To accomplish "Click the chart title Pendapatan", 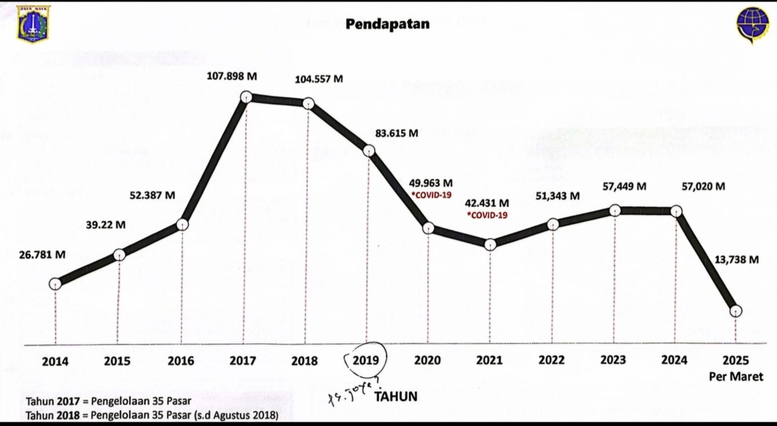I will [388, 24].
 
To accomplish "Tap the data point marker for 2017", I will [246, 97].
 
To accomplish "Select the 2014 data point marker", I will [55, 284].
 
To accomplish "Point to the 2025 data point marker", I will [736, 311].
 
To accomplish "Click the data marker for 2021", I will [490, 244].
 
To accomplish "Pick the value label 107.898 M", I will [232, 76].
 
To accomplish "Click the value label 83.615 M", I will [396, 133].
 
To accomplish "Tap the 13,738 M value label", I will [736, 259].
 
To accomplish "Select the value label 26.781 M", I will [42, 255].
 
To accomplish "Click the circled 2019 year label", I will [366, 360].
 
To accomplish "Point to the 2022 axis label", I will [551, 360].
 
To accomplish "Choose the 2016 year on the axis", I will [181, 361].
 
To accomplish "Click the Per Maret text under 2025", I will [736, 376].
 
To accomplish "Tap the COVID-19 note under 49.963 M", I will [432, 195].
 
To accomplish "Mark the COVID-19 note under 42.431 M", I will [487, 215].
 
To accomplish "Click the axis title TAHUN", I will [396, 396].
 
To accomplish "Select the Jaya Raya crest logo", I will [33, 24].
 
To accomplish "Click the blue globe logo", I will [752, 25].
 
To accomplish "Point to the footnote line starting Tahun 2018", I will [152, 415].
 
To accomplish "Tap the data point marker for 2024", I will [676, 211].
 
